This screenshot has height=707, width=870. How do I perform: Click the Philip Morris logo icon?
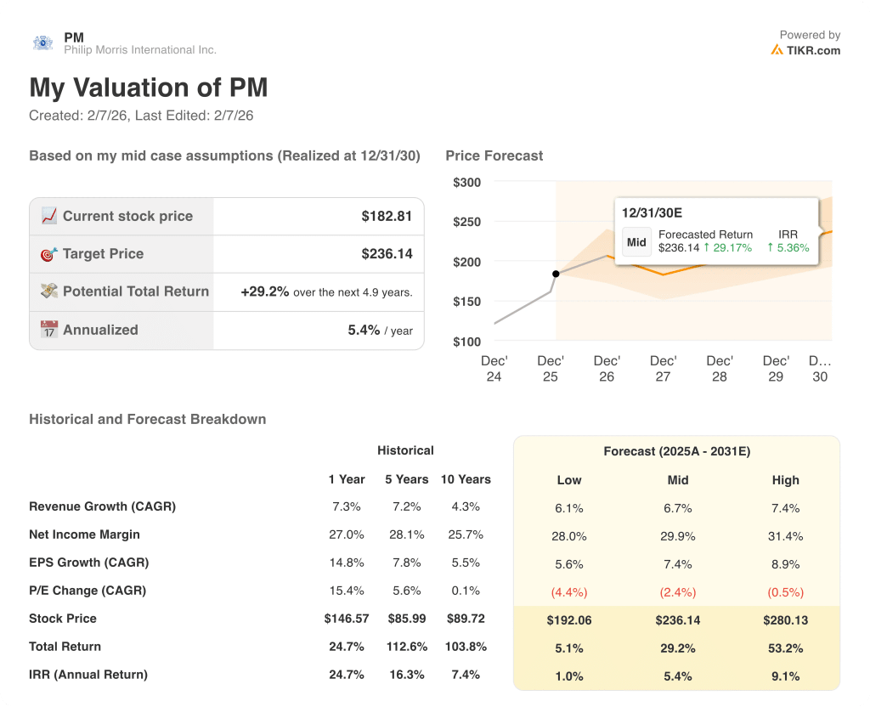(42, 42)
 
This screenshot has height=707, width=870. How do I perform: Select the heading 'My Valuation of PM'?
(149, 88)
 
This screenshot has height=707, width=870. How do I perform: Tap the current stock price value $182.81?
(387, 216)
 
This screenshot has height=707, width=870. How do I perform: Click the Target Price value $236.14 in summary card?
(387, 253)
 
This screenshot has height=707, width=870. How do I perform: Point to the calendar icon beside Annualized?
(49, 330)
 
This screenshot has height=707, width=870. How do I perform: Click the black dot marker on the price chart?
(556, 274)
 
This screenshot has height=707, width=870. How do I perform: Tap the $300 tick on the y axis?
(466, 183)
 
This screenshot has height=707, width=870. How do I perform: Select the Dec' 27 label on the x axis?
(663, 369)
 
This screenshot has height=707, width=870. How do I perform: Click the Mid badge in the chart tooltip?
(637, 241)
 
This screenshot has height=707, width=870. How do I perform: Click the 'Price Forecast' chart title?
(494, 156)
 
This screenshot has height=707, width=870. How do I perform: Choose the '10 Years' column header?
(466, 479)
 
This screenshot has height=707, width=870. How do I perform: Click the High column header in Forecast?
(785, 480)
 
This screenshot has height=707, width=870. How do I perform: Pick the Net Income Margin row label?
(84, 534)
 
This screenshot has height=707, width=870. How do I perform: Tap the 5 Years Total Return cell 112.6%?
(405, 647)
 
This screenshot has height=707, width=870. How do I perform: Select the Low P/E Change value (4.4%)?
(568, 591)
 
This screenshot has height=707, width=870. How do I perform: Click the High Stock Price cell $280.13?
(785, 619)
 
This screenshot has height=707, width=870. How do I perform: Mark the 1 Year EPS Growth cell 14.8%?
(346, 563)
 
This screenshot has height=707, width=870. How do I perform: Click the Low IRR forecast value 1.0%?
(568, 676)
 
